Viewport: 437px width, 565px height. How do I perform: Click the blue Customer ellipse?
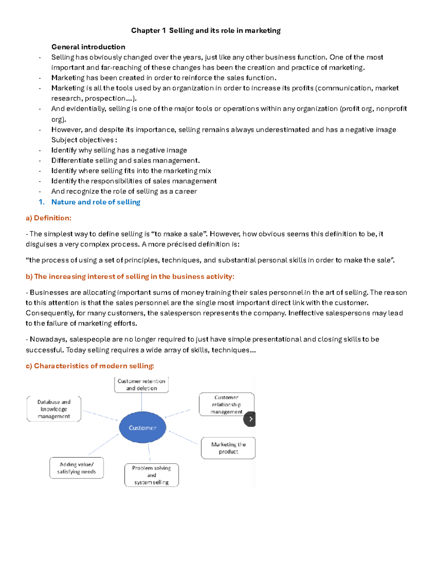click(142, 427)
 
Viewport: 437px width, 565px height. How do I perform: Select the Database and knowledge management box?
click(54, 409)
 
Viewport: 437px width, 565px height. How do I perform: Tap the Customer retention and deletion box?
click(141, 385)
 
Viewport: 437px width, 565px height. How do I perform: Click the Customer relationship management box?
click(226, 404)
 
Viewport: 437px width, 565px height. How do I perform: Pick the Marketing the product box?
click(228, 448)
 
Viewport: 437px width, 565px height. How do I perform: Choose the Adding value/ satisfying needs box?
click(76, 468)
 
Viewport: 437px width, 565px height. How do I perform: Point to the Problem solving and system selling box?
click(151, 475)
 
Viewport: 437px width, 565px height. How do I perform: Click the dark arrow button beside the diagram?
click(250, 419)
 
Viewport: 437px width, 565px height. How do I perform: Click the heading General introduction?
click(88, 47)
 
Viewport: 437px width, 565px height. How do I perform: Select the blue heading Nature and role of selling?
click(96, 202)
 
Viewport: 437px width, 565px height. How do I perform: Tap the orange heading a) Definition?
click(48, 218)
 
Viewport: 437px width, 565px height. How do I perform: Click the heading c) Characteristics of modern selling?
click(90, 366)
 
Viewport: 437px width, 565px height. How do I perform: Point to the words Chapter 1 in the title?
click(145, 31)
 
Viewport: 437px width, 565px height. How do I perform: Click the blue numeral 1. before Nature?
click(42, 202)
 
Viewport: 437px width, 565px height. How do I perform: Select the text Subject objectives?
click(83, 140)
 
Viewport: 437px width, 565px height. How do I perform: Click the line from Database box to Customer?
click(100, 415)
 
